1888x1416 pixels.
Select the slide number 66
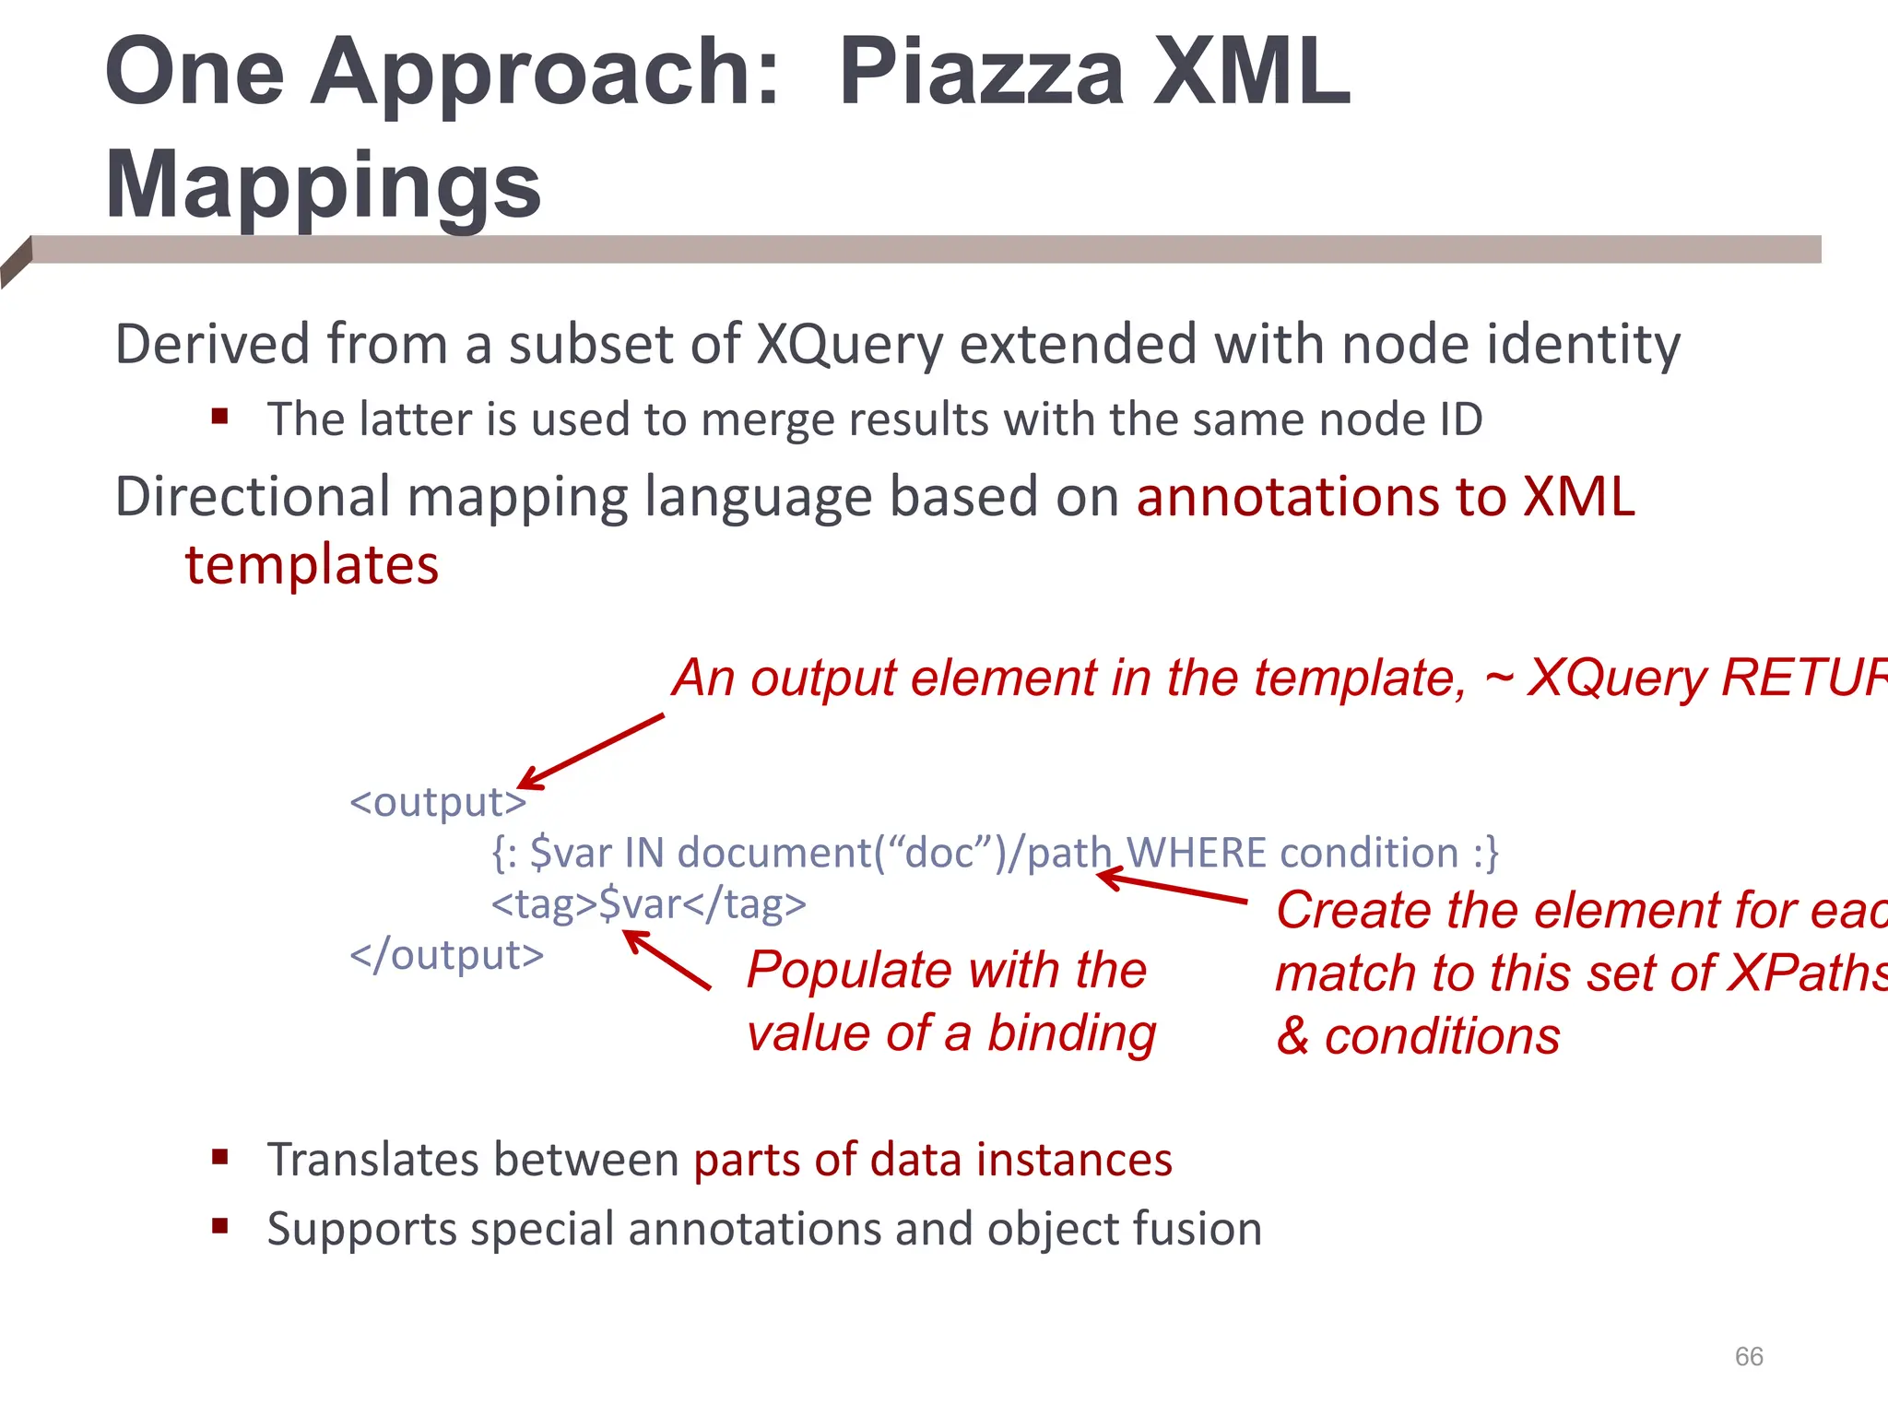pos(1748,1356)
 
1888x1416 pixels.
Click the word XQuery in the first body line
pos(849,345)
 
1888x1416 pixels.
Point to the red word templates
pos(312,564)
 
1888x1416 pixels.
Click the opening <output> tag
pos(437,801)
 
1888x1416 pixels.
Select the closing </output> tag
pos(446,954)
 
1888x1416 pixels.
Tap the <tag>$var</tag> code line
pos(648,903)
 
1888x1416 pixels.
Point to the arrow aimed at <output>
pos(591,750)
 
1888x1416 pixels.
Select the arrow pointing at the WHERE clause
pos(1171,887)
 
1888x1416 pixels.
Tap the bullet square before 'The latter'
pos(219,417)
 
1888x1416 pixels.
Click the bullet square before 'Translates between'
pos(219,1157)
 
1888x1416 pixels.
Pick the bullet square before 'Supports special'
pos(219,1226)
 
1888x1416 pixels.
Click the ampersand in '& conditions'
pos(1292,1036)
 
